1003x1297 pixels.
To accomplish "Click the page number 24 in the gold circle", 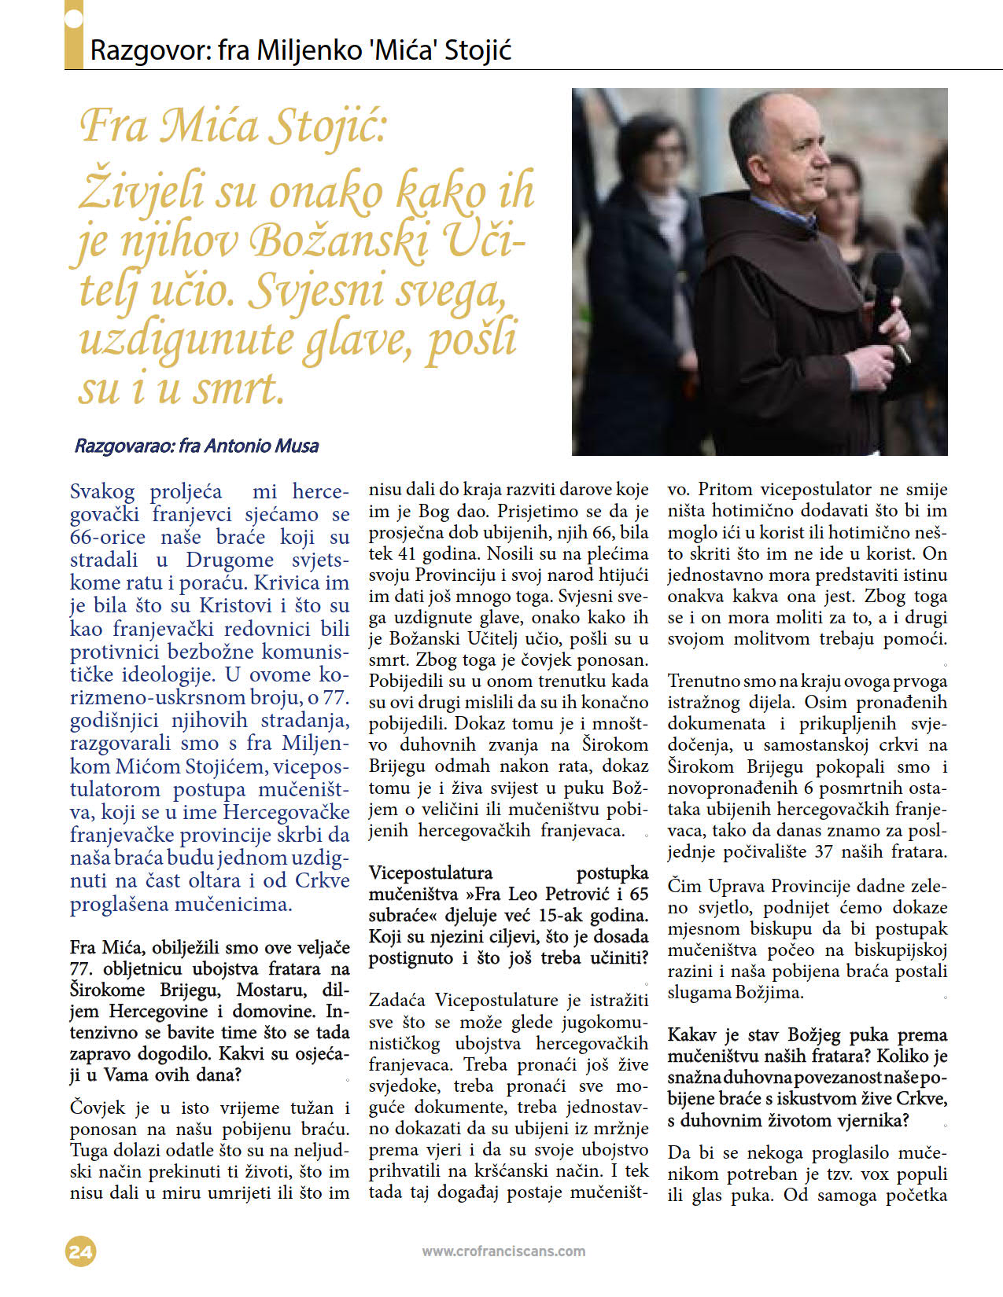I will point(80,1251).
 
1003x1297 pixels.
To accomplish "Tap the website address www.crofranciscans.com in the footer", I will point(503,1251).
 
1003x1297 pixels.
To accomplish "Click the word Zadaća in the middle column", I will point(398,1000).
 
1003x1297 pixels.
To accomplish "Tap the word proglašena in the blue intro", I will point(119,904).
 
